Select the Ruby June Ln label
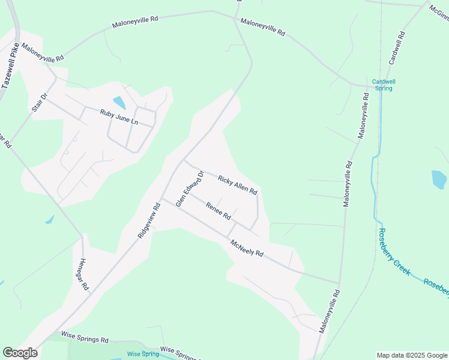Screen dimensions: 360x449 (x=119, y=116)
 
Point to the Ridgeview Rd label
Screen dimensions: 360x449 (x=148, y=220)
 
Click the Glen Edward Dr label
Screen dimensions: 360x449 (x=190, y=188)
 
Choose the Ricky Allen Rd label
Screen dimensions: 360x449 (x=238, y=185)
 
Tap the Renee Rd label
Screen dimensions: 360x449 (x=218, y=211)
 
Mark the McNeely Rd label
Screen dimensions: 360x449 (x=247, y=248)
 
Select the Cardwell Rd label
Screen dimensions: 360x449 (x=397, y=49)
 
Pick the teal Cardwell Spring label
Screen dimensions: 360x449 (x=384, y=85)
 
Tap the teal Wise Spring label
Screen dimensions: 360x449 (x=143, y=354)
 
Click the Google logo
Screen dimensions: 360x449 (x=20, y=353)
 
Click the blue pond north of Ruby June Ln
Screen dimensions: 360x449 (x=119, y=102)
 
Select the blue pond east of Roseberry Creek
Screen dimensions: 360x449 (x=439, y=179)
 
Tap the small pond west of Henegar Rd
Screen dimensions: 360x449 (x=50, y=220)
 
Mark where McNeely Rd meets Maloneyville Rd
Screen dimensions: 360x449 (x=339, y=283)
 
